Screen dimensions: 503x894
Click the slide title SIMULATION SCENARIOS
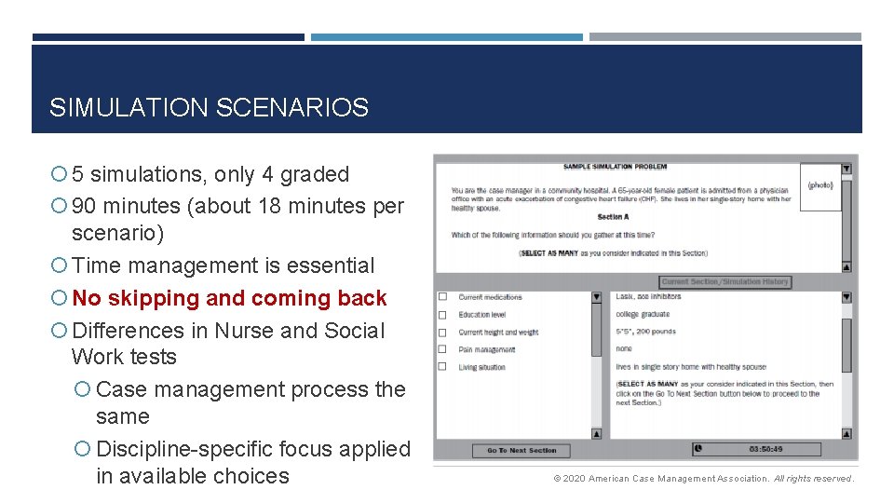point(209,108)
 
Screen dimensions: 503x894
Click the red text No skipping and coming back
point(229,298)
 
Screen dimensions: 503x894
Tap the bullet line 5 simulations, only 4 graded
point(210,174)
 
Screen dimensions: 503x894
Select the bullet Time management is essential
point(223,265)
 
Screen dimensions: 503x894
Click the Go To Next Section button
point(521,451)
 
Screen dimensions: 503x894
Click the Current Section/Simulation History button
point(725,282)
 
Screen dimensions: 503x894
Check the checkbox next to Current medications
point(442,297)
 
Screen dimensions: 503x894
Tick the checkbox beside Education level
point(442,315)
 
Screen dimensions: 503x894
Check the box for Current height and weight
point(442,332)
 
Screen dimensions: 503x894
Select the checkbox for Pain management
point(442,349)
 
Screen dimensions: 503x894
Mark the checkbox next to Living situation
point(442,367)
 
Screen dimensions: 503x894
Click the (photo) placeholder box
point(819,186)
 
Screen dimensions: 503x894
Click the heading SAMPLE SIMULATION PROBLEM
point(615,167)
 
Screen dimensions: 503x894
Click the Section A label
point(612,217)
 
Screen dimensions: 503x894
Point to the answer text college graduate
point(643,315)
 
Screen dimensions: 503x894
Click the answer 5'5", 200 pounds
point(645,332)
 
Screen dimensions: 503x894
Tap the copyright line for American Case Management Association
point(703,479)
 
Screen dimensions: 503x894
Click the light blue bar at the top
point(446,37)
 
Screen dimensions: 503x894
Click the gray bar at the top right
point(725,37)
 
